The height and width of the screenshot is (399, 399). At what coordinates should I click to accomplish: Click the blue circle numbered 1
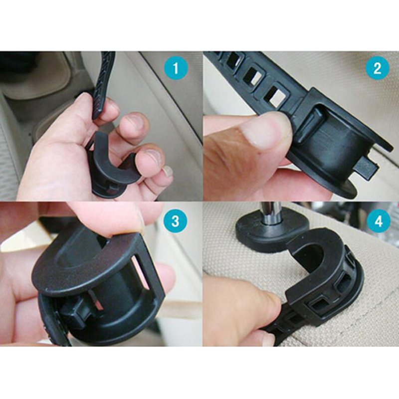[176, 68]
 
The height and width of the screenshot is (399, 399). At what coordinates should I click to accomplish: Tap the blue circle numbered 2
[378, 68]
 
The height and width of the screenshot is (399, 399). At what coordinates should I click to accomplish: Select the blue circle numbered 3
[176, 221]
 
